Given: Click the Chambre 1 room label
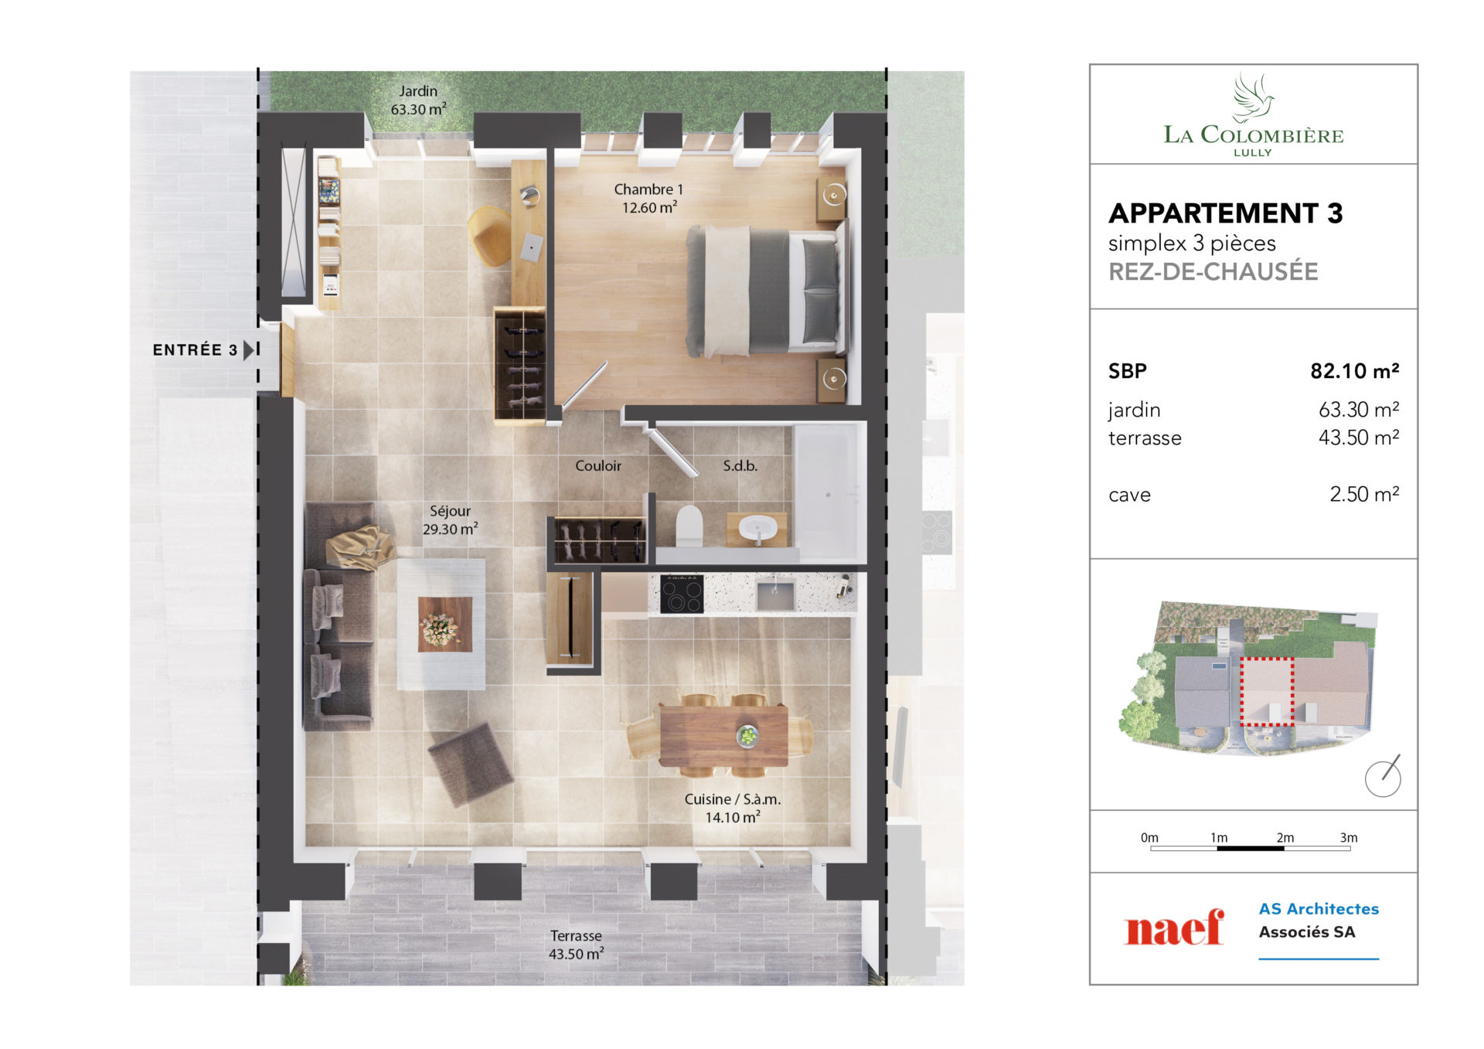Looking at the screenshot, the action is [648, 199].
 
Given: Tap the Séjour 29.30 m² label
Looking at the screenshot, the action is [450, 520].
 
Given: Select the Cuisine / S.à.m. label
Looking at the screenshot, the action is [733, 809].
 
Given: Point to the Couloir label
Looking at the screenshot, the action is [598, 465].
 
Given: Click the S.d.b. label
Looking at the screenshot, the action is [740, 466].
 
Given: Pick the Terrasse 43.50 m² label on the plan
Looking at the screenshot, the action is [576, 945].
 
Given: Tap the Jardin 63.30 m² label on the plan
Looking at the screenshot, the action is [418, 100].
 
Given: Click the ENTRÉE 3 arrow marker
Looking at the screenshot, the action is [249, 350].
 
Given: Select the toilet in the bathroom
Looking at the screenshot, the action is [689, 526].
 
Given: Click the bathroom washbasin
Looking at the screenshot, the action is [757, 530].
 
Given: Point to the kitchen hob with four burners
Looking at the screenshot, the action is [682, 594].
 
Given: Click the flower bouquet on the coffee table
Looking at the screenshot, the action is [439, 628].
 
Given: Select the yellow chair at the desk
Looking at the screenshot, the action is [489, 236].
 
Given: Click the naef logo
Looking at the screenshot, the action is [1174, 928].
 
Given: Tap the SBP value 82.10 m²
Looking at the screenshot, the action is [1354, 371].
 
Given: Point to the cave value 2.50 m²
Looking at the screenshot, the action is [1364, 494].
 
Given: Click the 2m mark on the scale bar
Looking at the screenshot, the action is [1285, 838].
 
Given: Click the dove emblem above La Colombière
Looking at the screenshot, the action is [1253, 97].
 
